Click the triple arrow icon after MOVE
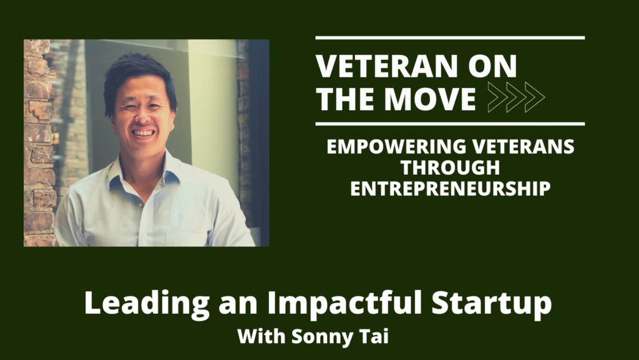[x=516, y=97]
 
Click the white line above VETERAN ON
[x=450, y=38]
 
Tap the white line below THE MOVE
[x=450, y=124]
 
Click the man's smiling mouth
[x=144, y=132]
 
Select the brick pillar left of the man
[x=37, y=144]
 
